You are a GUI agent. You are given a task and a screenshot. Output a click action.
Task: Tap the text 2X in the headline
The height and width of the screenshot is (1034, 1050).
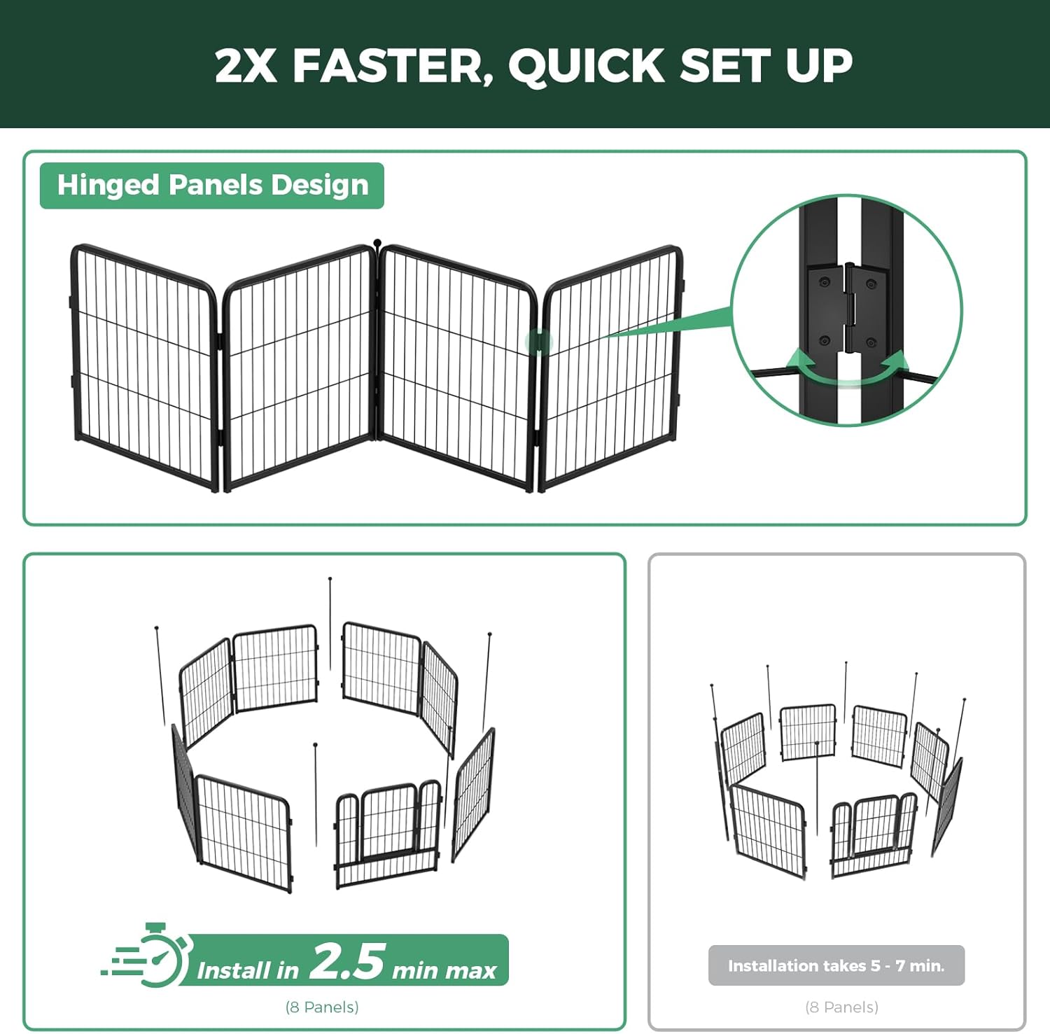pyautogui.click(x=245, y=66)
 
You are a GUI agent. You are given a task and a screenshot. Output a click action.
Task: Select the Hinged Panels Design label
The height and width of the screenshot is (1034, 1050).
pyautogui.click(x=212, y=186)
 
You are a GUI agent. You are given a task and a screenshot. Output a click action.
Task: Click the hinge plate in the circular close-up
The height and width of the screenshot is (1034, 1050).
pyautogui.click(x=848, y=308)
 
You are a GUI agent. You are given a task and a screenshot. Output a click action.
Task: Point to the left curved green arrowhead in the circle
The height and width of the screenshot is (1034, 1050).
pyautogui.click(x=799, y=361)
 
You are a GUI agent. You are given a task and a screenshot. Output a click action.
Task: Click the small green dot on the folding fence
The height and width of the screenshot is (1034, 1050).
pyautogui.click(x=539, y=342)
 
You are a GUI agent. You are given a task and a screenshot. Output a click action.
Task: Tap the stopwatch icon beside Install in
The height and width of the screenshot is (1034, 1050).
pyautogui.click(x=160, y=956)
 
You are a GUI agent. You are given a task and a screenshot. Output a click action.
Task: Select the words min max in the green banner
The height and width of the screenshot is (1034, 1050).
pyautogui.click(x=444, y=970)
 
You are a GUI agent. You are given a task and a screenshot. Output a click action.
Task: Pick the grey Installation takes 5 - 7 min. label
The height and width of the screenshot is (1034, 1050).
pyautogui.click(x=836, y=965)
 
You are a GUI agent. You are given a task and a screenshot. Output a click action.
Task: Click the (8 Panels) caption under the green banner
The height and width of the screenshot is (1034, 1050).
pyautogui.click(x=322, y=1007)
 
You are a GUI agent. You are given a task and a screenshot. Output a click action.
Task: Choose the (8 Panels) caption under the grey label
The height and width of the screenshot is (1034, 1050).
pyautogui.click(x=841, y=1007)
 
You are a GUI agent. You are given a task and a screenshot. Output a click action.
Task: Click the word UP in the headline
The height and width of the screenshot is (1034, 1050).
pyautogui.click(x=818, y=66)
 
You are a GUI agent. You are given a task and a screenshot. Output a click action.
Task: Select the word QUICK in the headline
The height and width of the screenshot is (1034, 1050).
pyautogui.click(x=587, y=66)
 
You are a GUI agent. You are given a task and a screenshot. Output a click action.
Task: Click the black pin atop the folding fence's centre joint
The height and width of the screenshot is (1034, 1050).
pyautogui.click(x=378, y=243)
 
